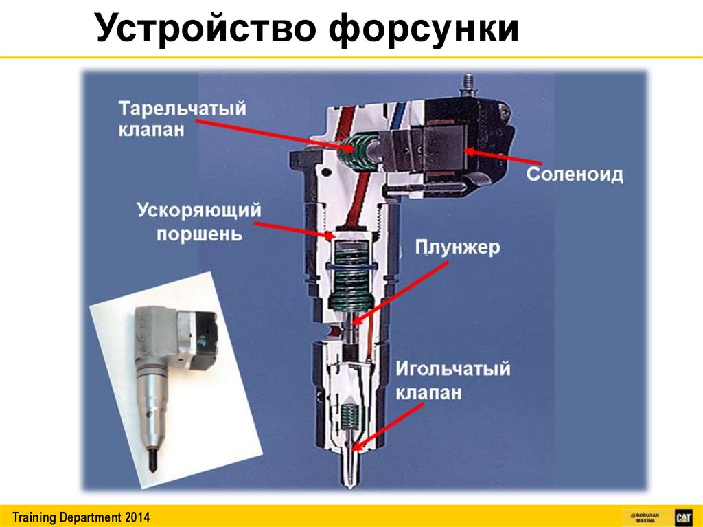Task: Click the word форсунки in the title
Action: coord(424,30)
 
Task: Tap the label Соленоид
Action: coord(575,174)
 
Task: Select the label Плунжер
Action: coord(457,248)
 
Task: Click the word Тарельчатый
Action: coord(183,109)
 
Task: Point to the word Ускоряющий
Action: coord(199,211)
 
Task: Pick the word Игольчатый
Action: coord(453,369)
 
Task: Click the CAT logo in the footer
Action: coord(684,517)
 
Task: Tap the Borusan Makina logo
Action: coord(647,517)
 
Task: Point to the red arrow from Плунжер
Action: coord(400,293)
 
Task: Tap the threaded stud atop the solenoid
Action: coord(469,84)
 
